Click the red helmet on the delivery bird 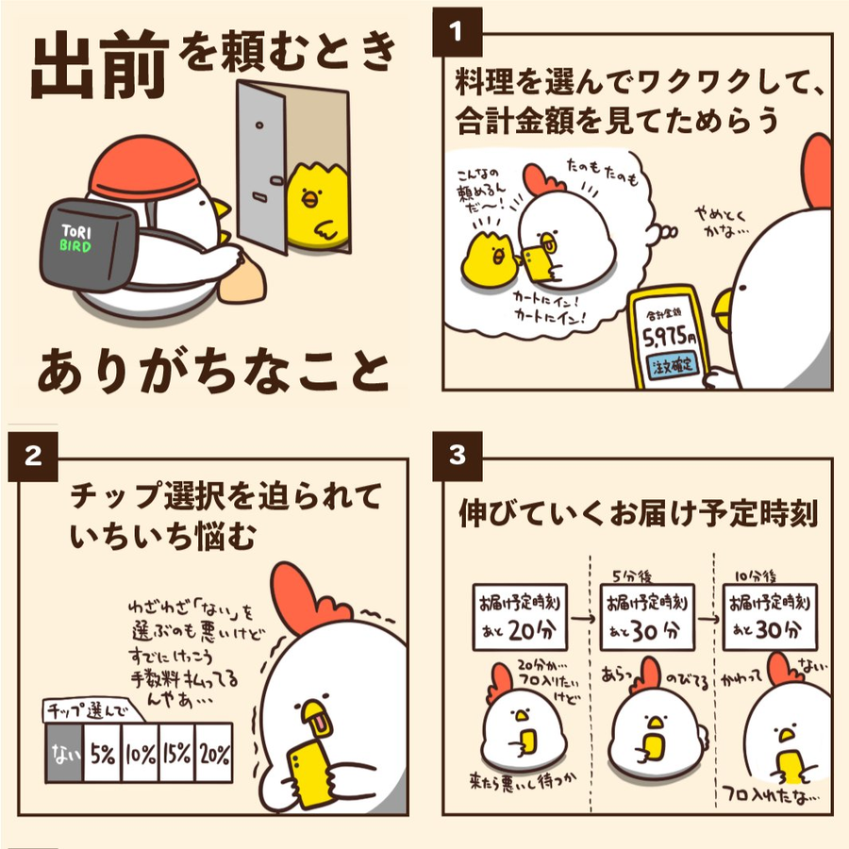(x=144, y=169)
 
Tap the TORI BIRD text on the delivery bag (x=75, y=239)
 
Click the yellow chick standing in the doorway (x=317, y=206)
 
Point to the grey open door (x=261, y=166)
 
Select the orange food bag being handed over (x=242, y=280)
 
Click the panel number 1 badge (x=457, y=32)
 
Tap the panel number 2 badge (x=32, y=457)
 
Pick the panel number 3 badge (x=457, y=457)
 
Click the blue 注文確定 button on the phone (x=673, y=365)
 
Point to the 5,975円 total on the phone (x=669, y=338)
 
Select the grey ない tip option (x=64, y=753)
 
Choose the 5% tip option (x=102, y=753)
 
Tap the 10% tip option (x=141, y=753)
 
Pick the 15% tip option (x=177, y=753)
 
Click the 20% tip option (x=214, y=753)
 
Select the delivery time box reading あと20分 (x=520, y=617)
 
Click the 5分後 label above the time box (x=632, y=575)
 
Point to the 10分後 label (x=756, y=576)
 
